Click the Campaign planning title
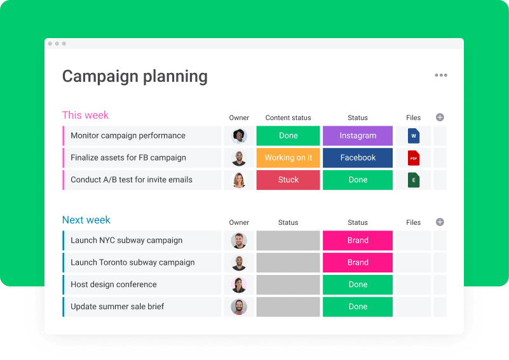click(x=135, y=77)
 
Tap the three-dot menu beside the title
click(x=441, y=76)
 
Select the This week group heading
click(x=85, y=115)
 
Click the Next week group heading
click(x=86, y=220)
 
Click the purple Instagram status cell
click(x=358, y=136)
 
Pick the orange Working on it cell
click(x=288, y=158)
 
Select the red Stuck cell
click(x=288, y=180)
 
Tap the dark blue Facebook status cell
click(x=358, y=158)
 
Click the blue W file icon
click(x=414, y=136)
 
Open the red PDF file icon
click(x=414, y=158)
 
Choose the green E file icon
click(x=414, y=180)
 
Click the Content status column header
click(x=288, y=117)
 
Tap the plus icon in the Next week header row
click(x=440, y=222)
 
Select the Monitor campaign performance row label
click(x=128, y=136)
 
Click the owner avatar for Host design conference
click(x=239, y=285)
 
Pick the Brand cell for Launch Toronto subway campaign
click(x=358, y=263)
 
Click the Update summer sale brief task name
click(x=118, y=307)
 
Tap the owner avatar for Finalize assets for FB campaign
click(x=239, y=158)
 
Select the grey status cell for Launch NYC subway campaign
click(x=288, y=241)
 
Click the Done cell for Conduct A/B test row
click(x=358, y=180)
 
